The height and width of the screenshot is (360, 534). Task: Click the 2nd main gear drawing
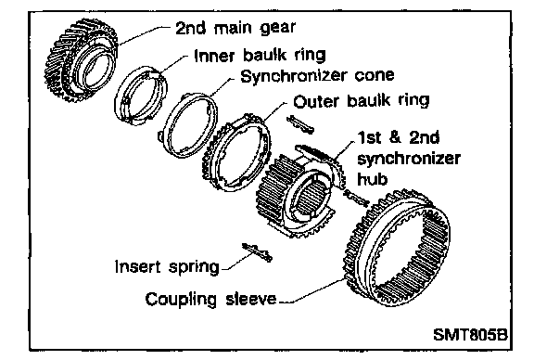point(57,61)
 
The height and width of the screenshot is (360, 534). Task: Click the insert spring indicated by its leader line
point(257,252)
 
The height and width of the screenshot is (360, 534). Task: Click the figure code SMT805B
point(470,334)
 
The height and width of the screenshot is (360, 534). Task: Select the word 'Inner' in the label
point(214,56)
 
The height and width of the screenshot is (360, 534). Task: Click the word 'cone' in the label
point(375,76)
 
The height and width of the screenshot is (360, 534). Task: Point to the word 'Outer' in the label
point(316,101)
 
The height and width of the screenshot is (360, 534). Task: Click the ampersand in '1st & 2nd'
point(395,137)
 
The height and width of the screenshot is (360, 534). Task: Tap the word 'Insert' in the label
point(137,266)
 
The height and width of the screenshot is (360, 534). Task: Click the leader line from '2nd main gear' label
point(145,35)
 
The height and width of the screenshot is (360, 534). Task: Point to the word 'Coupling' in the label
point(181,300)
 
